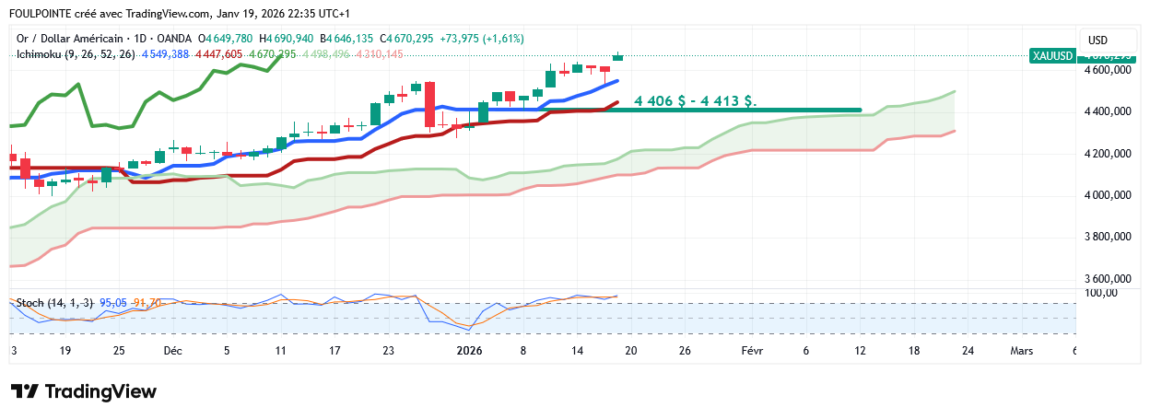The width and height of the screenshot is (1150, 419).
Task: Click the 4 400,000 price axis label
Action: pyautogui.click(x=1109, y=111)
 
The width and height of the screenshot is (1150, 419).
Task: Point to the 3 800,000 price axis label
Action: pyautogui.click(x=1109, y=237)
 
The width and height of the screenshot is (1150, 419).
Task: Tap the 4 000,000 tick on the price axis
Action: pyautogui.click(x=1109, y=195)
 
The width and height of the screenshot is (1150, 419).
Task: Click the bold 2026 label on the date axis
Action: pyautogui.click(x=469, y=351)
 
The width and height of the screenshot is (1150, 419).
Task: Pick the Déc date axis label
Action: pyautogui.click(x=172, y=351)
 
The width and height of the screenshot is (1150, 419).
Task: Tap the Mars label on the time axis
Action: pyautogui.click(x=1021, y=351)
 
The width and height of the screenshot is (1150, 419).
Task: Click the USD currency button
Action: pyautogui.click(x=1097, y=41)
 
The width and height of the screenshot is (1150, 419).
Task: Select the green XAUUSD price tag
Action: pyautogui.click(x=1052, y=55)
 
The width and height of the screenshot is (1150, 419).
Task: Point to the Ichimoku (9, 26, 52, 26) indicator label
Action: pyautogui.click(x=76, y=54)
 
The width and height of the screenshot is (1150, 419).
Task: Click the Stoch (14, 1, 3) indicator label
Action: pyautogui.click(x=54, y=302)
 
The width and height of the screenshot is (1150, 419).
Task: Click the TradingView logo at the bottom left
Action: pyautogui.click(x=84, y=391)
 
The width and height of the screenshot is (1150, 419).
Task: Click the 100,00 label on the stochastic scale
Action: pyautogui.click(x=1101, y=293)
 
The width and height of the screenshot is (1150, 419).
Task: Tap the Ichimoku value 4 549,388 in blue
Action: pyautogui.click(x=165, y=54)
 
